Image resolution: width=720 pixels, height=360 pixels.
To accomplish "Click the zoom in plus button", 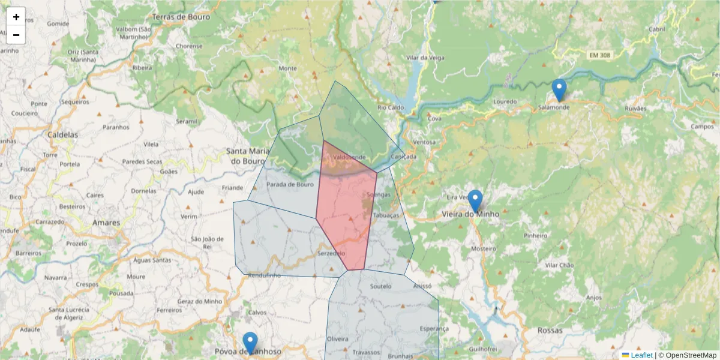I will [x=16, y=17].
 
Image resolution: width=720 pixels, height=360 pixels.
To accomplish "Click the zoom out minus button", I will [x=16, y=35].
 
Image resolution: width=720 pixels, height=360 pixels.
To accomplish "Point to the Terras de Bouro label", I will [x=181, y=17].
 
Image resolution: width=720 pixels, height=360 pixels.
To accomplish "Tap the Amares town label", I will [x=106, y=223].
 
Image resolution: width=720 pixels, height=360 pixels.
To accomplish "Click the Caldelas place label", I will [x=63, y=135].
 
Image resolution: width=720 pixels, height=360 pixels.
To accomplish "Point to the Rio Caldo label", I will [x=391, y=107].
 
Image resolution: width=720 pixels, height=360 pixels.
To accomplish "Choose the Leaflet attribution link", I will [x=641, y=355].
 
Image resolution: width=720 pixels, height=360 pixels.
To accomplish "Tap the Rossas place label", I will [x=550, y=331].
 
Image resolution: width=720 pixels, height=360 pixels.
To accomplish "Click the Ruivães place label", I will [x=635, y=109].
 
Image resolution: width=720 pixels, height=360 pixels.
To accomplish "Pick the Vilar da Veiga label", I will [x=424, y=58].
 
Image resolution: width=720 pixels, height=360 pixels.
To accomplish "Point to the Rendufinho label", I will [x=264, y=275].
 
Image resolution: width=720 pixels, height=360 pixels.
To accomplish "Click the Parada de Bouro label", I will [x=290, y=184].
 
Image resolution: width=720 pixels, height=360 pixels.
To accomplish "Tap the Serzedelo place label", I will [x=331, y=254].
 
